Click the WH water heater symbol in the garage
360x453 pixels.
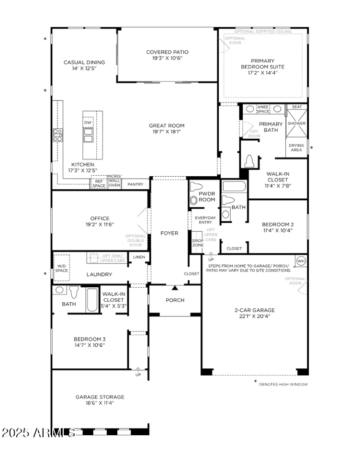301,261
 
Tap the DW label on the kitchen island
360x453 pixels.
88,123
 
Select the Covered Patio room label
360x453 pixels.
167,52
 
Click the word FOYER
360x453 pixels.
169,233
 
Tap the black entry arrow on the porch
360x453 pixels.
175,288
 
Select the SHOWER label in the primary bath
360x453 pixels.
296,124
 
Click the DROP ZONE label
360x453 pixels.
198,243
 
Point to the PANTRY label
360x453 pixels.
135,184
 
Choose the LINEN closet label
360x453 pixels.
139,257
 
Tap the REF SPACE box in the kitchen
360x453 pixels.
99,183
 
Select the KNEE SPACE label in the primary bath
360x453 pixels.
263,109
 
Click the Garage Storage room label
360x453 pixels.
100,396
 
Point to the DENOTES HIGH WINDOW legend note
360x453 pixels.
283,384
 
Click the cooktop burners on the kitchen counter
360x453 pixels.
57,135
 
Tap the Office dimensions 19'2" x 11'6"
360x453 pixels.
100,224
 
